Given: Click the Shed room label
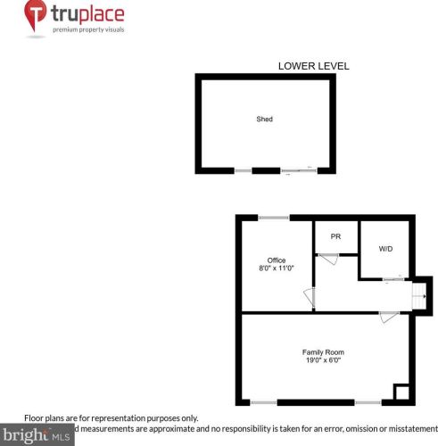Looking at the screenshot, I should (x=264, y=119).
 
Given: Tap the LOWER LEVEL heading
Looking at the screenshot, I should (x=313, y=65).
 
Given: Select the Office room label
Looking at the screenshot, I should (x=277, y=260).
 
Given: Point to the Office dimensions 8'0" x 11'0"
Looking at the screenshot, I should (x=277, y=268).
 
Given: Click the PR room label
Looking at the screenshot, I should (x=335, y=236).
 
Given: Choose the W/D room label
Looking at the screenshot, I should (x=385, y=248).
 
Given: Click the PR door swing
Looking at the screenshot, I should (x=328, y=258).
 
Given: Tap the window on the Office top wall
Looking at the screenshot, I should (x=274, y=218).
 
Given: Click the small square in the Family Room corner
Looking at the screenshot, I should (x=402, y=392).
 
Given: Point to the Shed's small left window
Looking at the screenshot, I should (x=242, y=169).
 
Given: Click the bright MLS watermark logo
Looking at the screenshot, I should (x=37, y=435).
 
